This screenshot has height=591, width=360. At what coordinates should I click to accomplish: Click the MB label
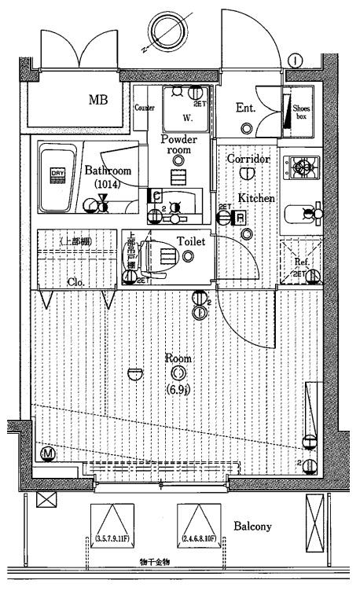point(98,101)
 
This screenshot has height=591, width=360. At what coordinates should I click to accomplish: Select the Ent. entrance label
point(245,108)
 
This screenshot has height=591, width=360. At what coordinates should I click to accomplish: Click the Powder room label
point(179,144)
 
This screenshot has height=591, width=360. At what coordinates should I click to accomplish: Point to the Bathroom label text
point(107,171)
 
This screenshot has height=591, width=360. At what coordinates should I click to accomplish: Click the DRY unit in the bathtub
point(57,174)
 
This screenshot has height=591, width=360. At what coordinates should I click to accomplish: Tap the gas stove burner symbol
point(303,167)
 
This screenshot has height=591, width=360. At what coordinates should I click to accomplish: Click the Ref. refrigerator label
point(300,262)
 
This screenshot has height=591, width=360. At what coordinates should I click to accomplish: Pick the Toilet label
point(191,242)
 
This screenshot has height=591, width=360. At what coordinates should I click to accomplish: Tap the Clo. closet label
point(76,281)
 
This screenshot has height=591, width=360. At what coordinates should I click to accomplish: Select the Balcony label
point(253,526)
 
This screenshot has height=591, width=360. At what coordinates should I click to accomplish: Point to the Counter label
point(144,108)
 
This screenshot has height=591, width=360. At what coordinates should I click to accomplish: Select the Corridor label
point(248,158)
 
